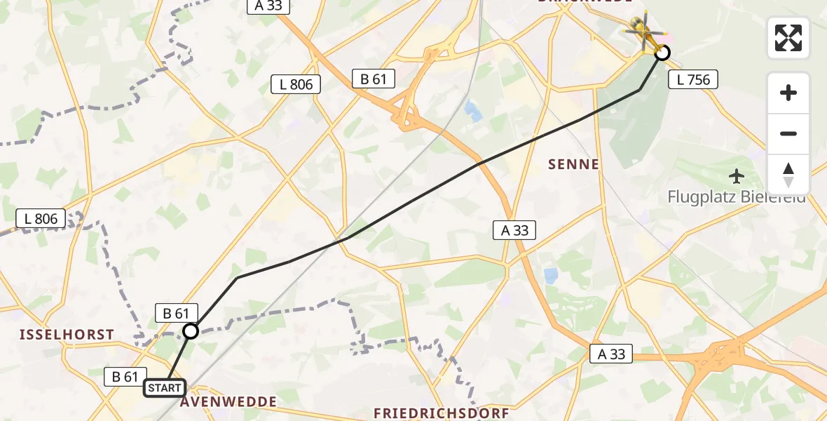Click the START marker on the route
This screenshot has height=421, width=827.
[x=165, y=388]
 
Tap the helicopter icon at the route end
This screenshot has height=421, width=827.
[x=641, y=32]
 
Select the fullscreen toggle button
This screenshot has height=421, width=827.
[x=788, y=38]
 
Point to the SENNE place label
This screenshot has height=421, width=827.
[x=574, y=165]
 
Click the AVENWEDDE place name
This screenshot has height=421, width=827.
[x=228, y=402]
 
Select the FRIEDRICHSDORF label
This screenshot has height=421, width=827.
[x=441, y=413]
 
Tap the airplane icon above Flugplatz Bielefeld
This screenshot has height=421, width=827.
[x=736, y=175]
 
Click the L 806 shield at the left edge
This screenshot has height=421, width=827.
[x=41, y=218]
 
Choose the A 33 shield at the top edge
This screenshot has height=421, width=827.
[x=268, y=6]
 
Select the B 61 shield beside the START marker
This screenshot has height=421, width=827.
[x=125, y=376]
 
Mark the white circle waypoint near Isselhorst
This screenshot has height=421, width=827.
[x=191, y=330]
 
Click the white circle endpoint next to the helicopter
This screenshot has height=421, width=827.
[x=662, y=53]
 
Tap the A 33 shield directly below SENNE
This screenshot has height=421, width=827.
[x=514, y=229]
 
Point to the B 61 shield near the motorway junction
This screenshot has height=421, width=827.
[x=374, y=79]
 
